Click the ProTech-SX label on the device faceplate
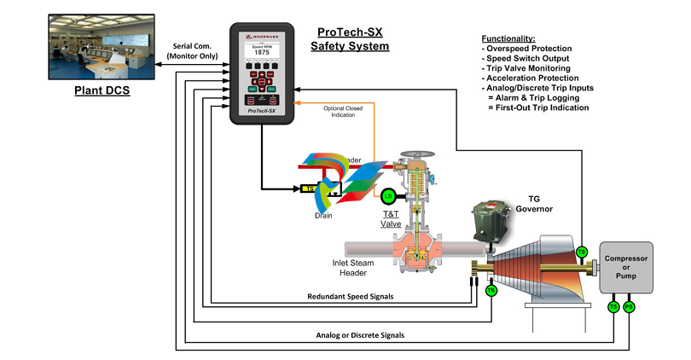pyautogui.click(x=264, y=111)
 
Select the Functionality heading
pyautogui.click(x=508, y=39)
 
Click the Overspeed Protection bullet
pyautogui.click(x=535, y=49)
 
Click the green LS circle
pyautogui.click(x=388, y=195)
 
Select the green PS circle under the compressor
pyautogui.click(x=629, y=307)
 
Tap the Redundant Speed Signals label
pyautogui.click(x=356, y=297)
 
